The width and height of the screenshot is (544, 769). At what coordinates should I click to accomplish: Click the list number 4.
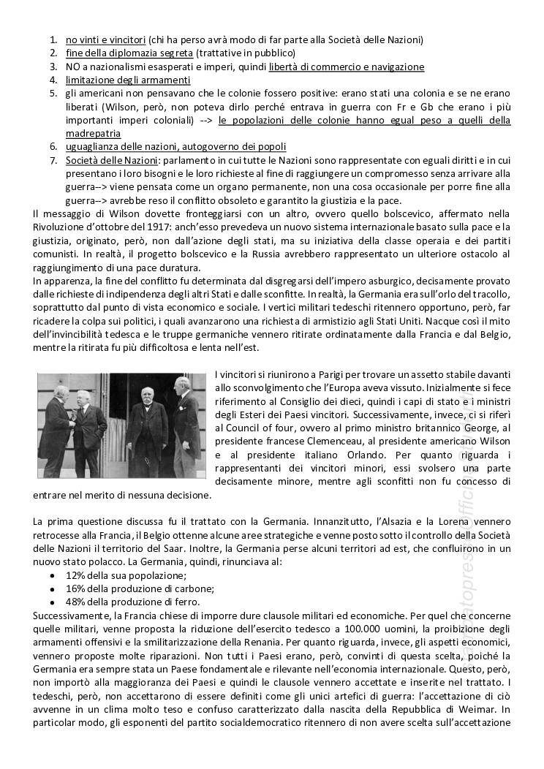53,80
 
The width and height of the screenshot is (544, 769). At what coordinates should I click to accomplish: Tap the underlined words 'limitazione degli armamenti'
128,80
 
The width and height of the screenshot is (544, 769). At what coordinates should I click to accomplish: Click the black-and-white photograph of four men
121,425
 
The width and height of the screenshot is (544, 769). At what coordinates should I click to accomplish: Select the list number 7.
53,160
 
